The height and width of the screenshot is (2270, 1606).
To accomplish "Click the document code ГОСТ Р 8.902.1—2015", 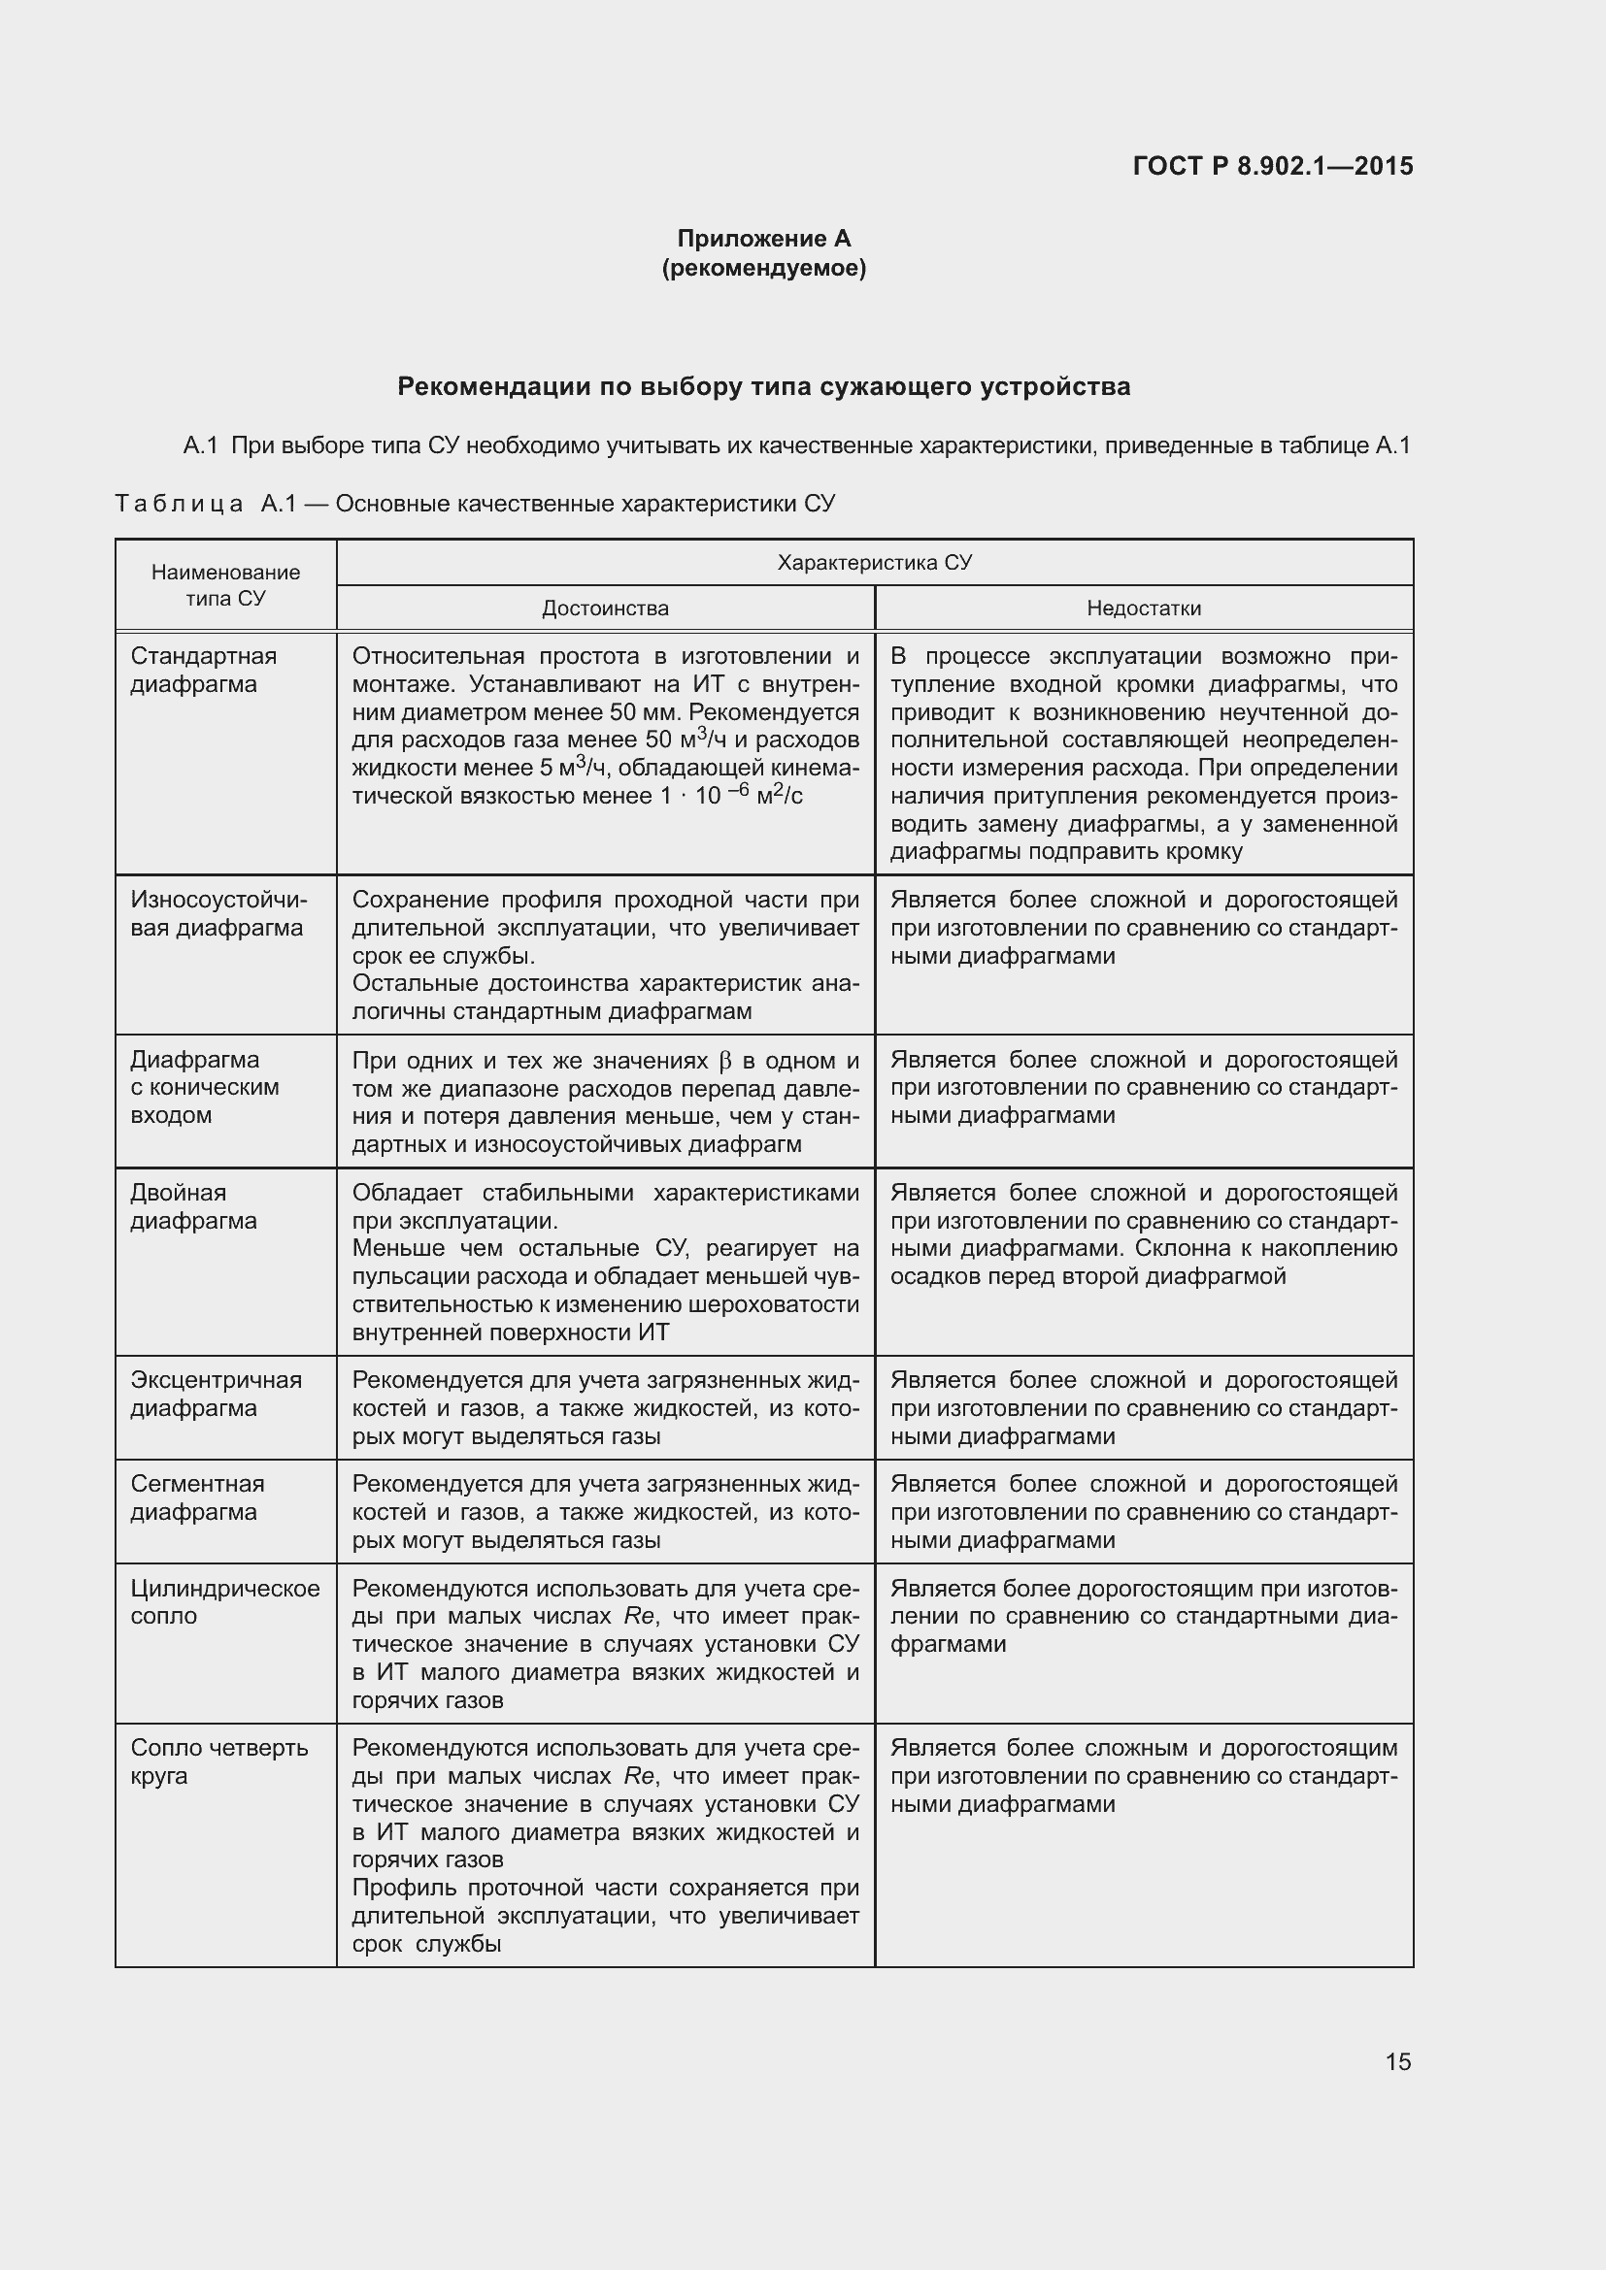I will pyautogui.click(x=1272, y=166).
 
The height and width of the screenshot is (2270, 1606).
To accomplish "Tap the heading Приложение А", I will pyautogui.click(x=763, y=239).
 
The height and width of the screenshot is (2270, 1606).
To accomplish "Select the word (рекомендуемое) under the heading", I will pyautogui.click(x=763, y=268).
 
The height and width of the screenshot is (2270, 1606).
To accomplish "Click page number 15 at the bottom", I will pyautogui.click(x=1397, y=2061).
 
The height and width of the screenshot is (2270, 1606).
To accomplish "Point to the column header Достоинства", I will pyautogui.click(x=604, y=609).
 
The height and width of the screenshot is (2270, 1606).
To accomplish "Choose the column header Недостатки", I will pyautogui.click(x=1143, y=609).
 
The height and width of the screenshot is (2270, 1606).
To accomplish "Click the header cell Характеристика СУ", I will pyautogui.click(x=874, y=563).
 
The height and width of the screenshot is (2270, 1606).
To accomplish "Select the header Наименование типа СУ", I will pyautogui.click(x=225, y=584).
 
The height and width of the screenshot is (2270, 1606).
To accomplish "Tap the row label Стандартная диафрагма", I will pyautogui.click(x=203, y=671).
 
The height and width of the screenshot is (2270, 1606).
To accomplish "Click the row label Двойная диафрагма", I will pyautogui.click(x=193, y=1206).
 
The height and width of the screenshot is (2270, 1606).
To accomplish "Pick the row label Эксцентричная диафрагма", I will pyautogui.click(x=216, y=1393).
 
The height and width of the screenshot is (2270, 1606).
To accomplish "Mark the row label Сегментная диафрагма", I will pyautogui.click(x=197, y=1497).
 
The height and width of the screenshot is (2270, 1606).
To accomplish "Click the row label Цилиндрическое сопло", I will pyautogui.click(x=224, y=1601).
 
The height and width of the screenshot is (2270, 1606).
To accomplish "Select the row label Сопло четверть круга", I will pyautogui.click(x=218, y=1760).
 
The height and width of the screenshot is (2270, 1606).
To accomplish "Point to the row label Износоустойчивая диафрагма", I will pyautogui.click(x=217, y=913).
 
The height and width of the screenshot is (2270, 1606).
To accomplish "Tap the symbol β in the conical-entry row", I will pyautogui.click(x=724, y=1061).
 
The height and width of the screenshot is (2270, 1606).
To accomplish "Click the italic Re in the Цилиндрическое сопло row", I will pyautogui.click(x=638, y=1617).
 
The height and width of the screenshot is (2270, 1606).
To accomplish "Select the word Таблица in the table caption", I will pyautogui.click(x=179, y=505).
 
